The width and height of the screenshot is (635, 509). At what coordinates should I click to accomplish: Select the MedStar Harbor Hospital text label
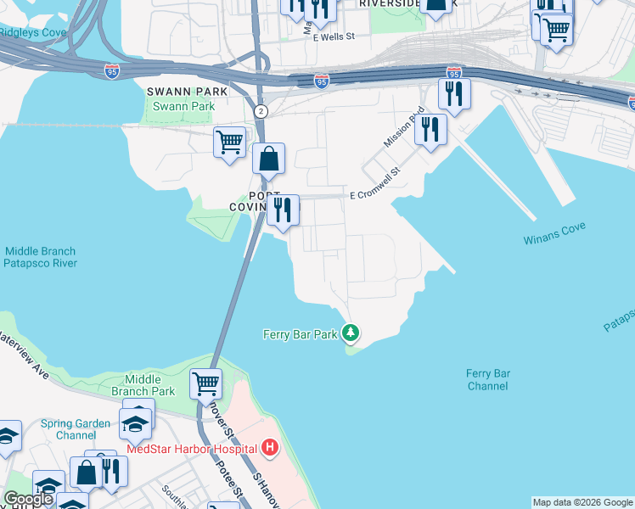pyautogui.click(x=191, y=448)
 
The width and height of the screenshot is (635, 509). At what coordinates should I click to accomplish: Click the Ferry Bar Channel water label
pyautogui.click(x=487, y=379)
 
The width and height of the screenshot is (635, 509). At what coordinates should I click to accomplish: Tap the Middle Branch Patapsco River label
pyautogui.click(x=40, y=257)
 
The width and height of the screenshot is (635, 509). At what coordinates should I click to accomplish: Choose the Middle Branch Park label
pyautogui.click(x=149, y=385)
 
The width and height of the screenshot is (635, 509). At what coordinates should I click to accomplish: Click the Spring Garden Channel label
pyautogui.click(x=77, y=429)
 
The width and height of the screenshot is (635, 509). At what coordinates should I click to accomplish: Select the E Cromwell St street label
pyautogui.click(x=374, y=195)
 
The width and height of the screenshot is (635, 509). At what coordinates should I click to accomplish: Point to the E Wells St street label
pyautogui.click(x=333, y=37)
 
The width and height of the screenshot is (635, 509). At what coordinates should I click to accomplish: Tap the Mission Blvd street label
pyautogui.click(x=403, y=128)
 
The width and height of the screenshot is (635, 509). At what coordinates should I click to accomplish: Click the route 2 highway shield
pyautogui.click(x=261, y=111)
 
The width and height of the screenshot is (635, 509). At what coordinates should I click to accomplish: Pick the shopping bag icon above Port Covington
pyautogui.click(x=268, y=159)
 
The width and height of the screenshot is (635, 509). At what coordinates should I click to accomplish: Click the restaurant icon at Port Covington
pyautogui.click(x=282, y=209)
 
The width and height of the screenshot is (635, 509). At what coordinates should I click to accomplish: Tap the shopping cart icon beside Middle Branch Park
pyautogui.click(x=205, y=383)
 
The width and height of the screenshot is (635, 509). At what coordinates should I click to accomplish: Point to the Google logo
pyautogui.click(x=28, y=499)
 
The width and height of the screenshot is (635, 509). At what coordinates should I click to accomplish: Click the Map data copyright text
pyautogui.click(x=582, y=502)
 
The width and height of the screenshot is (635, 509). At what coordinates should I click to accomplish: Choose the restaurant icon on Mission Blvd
pyautogui.click(x=430, y=129)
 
